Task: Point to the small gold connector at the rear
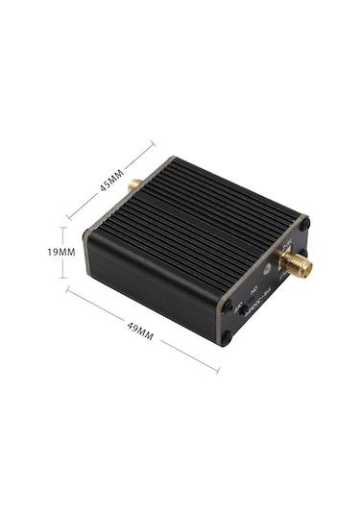[136, 183]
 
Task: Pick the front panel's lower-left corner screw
[227, 337]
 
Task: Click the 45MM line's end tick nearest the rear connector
[154, 146]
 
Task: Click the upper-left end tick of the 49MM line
[68, 288]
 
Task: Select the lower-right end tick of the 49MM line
[217, 370]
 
